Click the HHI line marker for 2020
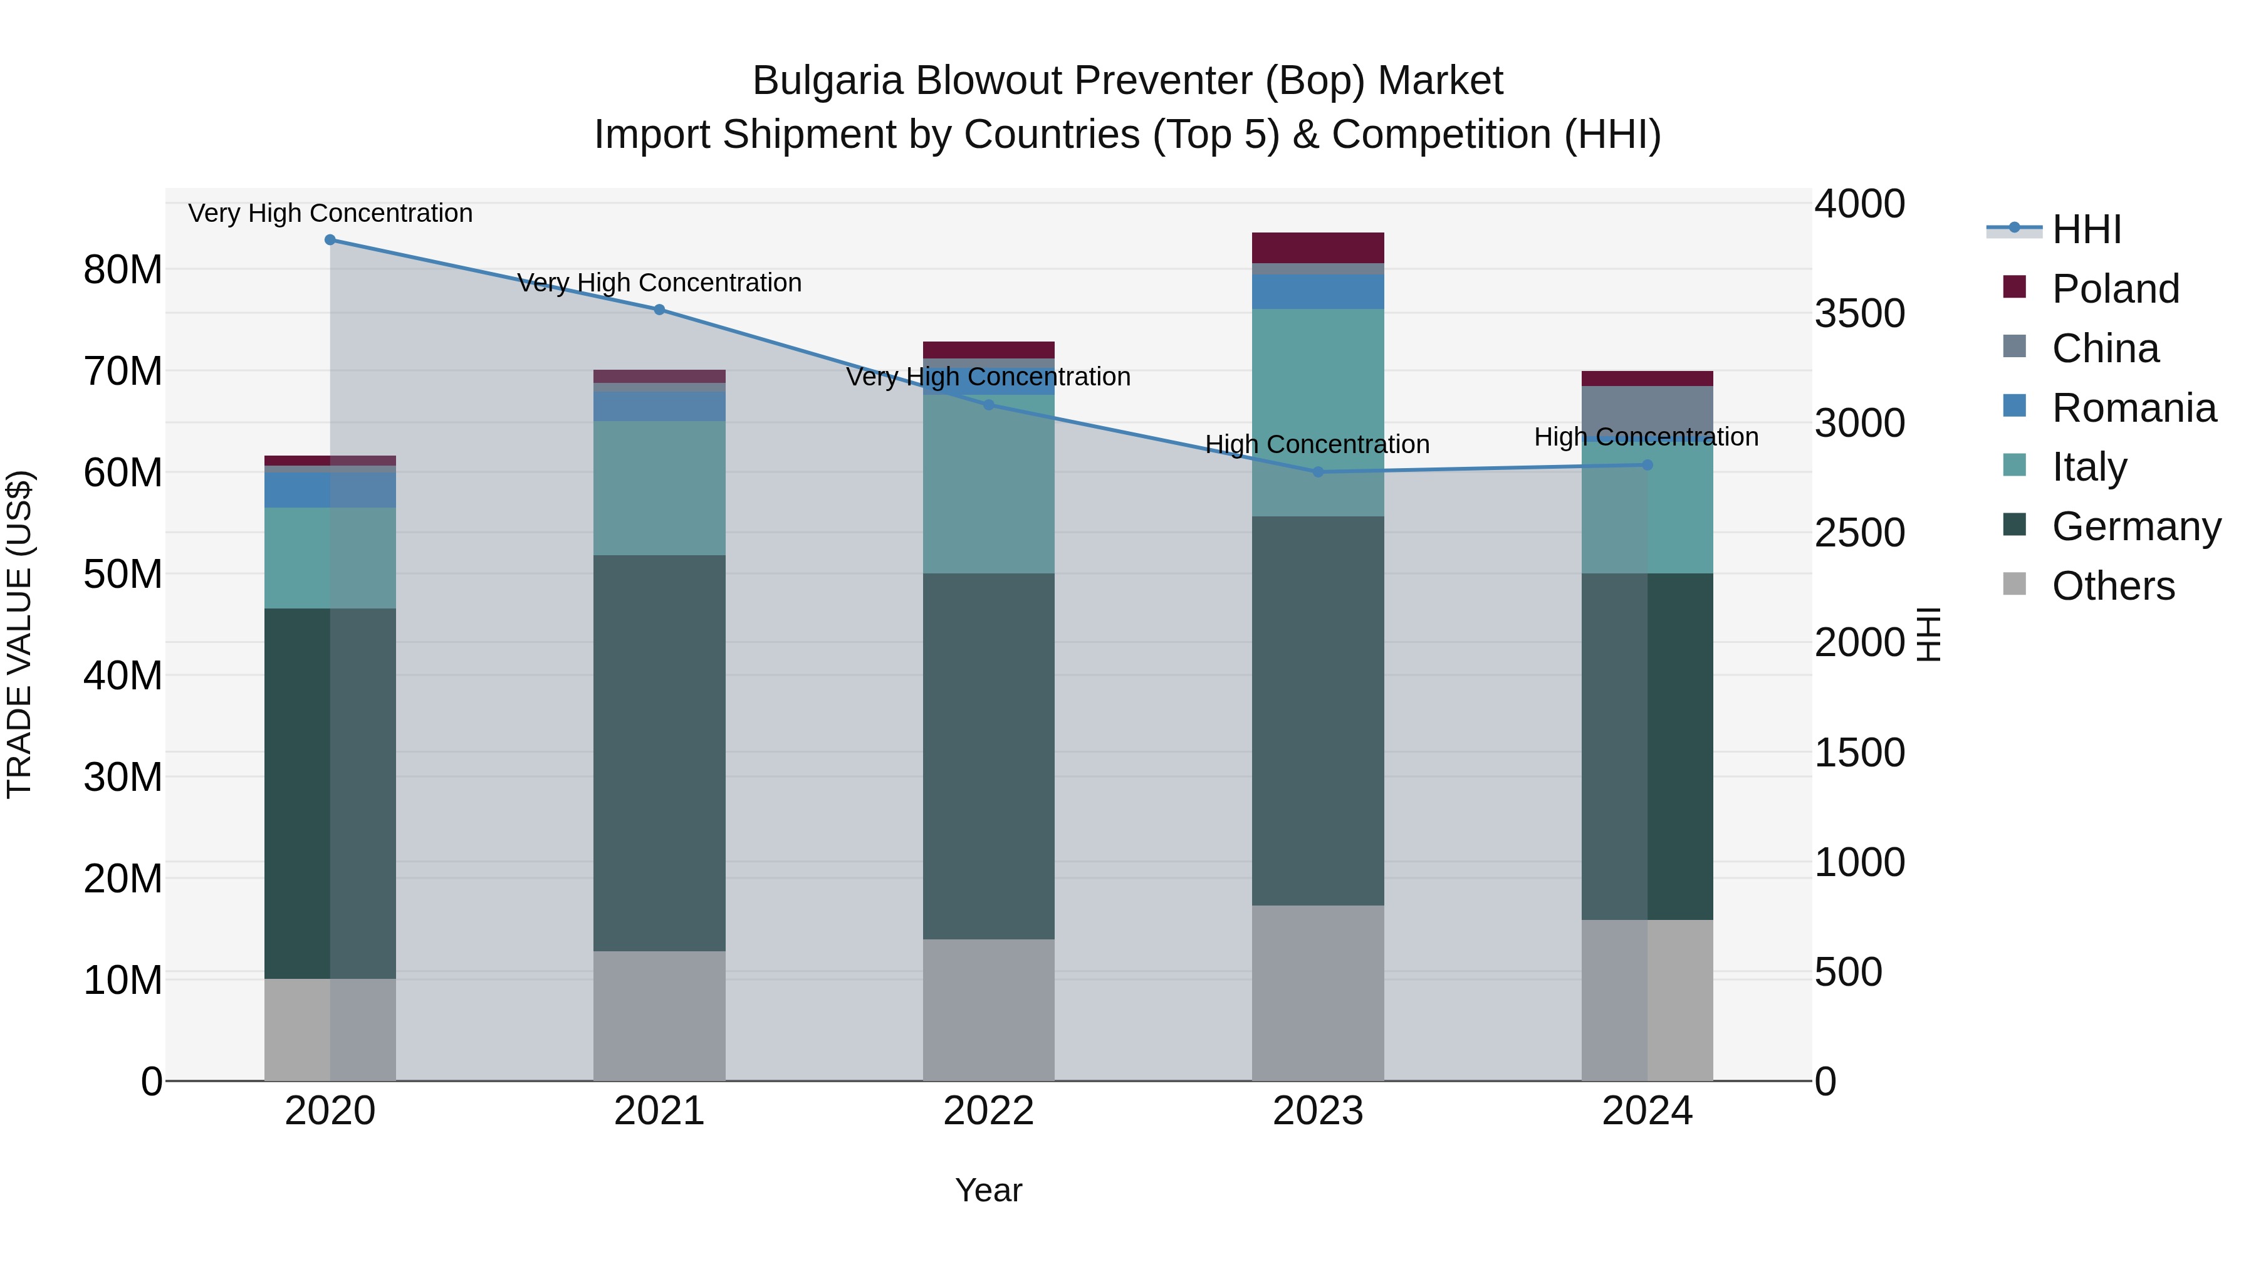tap(330, 240)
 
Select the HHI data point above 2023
tap(1318, 472)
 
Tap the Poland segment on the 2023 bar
tap(1318, 248)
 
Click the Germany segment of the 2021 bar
tap(659, 753)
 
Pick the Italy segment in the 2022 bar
tap(989, 484)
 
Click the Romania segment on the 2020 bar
tap(330, 491)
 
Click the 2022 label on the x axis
tap(989, 1111)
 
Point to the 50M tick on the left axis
tap(123, 575)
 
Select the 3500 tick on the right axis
tap(1859, 313)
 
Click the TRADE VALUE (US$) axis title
tap(19, 635)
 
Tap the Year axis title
tap(989, 1190)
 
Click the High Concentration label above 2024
tap(1646, 436)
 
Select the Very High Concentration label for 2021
tap(659, 283)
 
